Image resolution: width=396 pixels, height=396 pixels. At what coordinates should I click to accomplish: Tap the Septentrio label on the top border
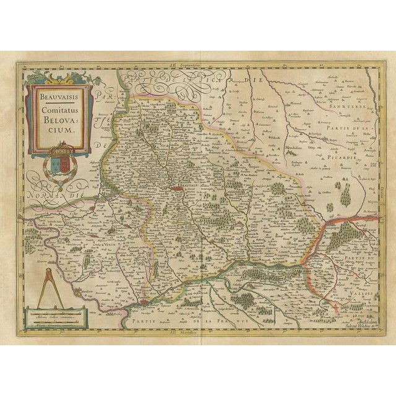click(197, 64)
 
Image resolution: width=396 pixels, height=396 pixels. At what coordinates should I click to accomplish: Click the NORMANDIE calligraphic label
click(59, 193)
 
